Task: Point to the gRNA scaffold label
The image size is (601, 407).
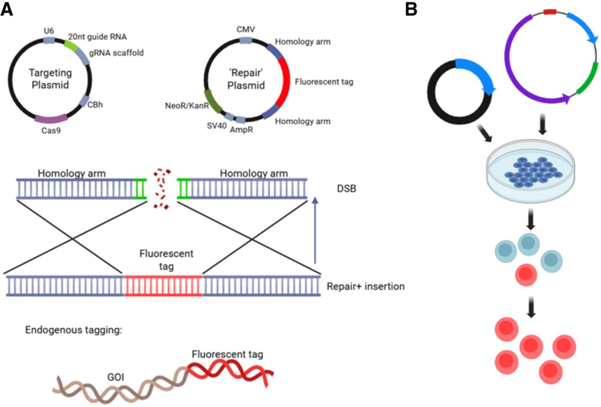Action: (x=116, y=53)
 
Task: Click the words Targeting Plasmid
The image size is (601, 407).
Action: (x=51, y=80)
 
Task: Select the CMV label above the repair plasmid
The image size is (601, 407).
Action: (x=247, y=30)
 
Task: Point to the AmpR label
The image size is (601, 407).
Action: (x=241, y=129)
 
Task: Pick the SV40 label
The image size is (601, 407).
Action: (x=216, y=126)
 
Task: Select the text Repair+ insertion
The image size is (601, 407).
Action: (x=365, y=286)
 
